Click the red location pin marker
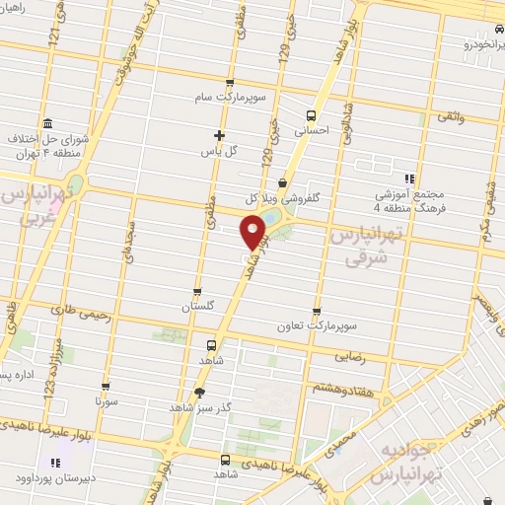point(253,231)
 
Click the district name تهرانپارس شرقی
point(386,247)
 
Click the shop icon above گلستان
point(198,291)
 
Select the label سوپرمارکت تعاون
point(314,325)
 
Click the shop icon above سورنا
point(107,388)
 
